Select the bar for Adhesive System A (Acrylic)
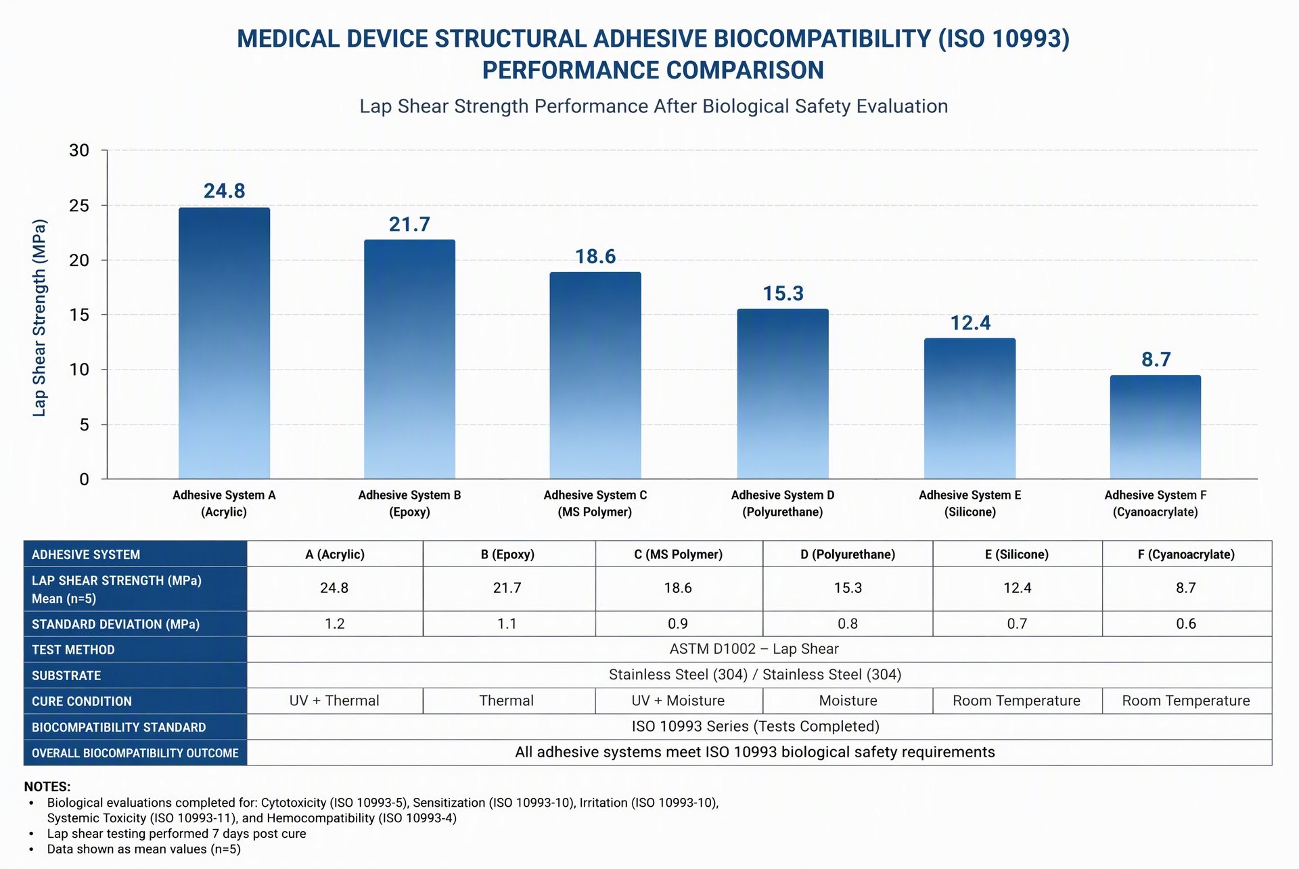[224, 343]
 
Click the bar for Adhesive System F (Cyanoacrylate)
[1156, 427]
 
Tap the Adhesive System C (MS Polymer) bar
[595, 376]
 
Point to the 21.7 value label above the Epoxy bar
[409, 224]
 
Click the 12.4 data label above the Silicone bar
[970, 323]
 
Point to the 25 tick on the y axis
[79, 205]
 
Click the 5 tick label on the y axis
[84, 424]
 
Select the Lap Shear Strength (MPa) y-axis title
[40, 317]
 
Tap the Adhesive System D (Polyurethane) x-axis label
[783, 504]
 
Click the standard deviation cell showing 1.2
[335, 623]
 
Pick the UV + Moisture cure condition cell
[678, 700]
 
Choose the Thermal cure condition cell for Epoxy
[507, 700]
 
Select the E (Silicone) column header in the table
[1017, 554]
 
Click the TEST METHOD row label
[73, 650]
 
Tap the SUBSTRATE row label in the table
[66, 675]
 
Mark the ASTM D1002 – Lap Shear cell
[754, 649]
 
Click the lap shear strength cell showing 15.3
[848, 588]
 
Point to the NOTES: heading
[47, 786]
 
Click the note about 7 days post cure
[177, 834]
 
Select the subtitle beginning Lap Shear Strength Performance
[654, 106]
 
